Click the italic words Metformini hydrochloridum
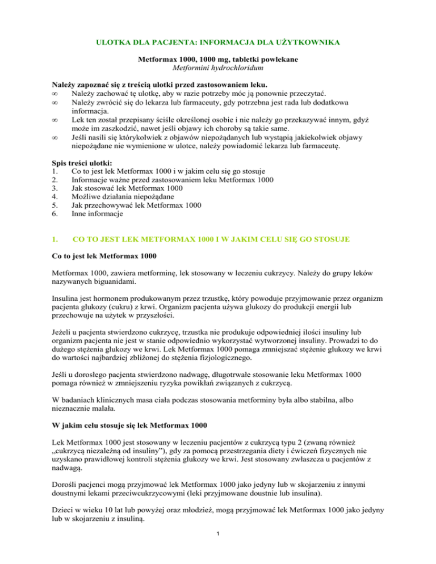pyautogui.click(x=218, y=67)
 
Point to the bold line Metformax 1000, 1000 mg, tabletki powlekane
pyautogui.click(x=218, y=58)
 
